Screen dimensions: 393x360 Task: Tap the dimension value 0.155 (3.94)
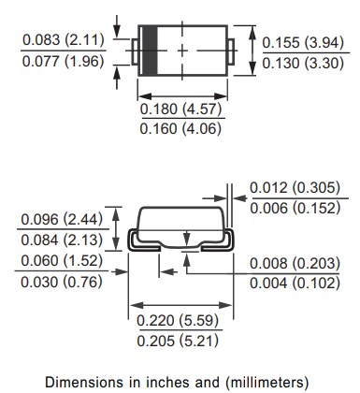pos(303,43)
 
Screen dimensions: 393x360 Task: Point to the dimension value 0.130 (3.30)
pos(303,64)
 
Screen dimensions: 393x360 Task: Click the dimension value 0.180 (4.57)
pos(180,109)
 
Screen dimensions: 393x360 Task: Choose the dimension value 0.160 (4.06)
pos(180,129)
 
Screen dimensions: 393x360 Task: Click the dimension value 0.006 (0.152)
pos(295,208)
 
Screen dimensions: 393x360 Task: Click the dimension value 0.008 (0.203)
pos(295,265)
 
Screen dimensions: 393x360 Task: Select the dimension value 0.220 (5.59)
pos(180,321)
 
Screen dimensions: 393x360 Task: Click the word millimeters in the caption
pos(261,381)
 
